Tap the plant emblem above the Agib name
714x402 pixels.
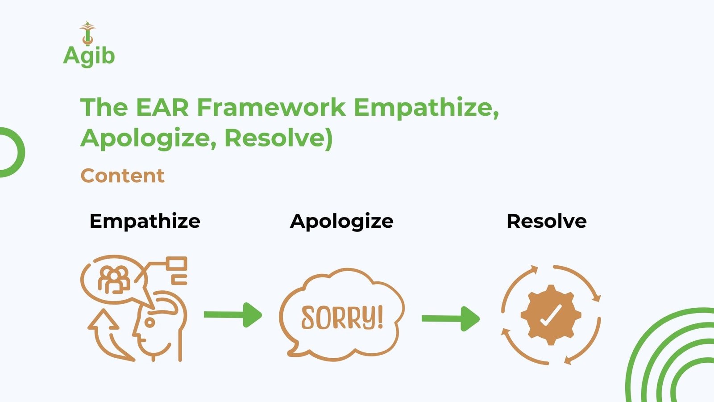pos(87,33)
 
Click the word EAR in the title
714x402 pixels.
pos(162,107)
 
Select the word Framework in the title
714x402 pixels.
pos(271,107)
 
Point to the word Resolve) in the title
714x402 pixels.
pos(278,138)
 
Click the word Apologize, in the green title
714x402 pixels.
pos(149,138)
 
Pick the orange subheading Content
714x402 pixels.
pos(123,176)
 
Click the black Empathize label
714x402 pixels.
pos(145,221)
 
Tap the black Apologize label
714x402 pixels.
pos(342,221)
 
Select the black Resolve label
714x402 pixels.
pos(547,221)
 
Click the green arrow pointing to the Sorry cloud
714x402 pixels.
pos(233,315)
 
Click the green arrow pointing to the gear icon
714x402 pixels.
pos(451,319)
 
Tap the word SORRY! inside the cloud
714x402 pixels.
pos(342,318)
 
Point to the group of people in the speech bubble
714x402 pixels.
pos(114,280)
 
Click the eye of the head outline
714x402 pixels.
pos(149,322)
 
